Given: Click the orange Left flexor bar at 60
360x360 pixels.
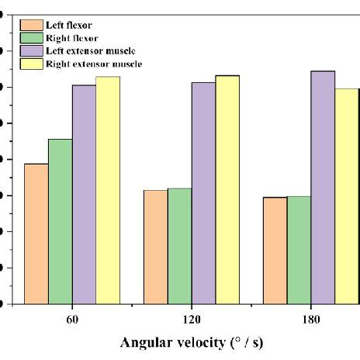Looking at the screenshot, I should pyautogui.click(x=36, y=234).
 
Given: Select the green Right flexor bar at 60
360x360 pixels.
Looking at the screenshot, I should pyautogui.click(x=61, y=221).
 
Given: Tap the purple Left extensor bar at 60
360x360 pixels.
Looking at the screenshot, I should pyautogui.click(x=84, y=194).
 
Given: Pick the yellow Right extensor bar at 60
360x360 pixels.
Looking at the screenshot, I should pyautogui.click(x=108, y=190).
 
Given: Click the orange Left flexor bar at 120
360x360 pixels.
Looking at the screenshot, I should pyautogui.click(x=156, y=247).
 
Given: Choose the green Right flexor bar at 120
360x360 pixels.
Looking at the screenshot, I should pyautogui.click(x=180, y=246).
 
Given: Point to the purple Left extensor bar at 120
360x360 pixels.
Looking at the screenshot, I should pyautogui.click(x=204, y=193).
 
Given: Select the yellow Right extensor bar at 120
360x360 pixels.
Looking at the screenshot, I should pyautogui.click(x=227, y=189).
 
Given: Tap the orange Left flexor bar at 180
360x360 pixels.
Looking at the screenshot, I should pyautogui.click(x=275, y=251).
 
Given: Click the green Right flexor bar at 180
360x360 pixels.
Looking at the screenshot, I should pyautogui.click(x=299, y=250).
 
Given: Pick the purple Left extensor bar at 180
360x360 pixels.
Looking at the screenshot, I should pyautogui.click(x=323, y=187).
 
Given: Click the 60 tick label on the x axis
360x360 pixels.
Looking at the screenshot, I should pyautogui.click(x=72, y=319).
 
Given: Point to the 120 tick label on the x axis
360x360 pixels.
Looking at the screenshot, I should pyautogui.click(x=192, y=319).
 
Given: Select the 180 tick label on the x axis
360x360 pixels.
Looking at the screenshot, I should pyautogui.click(x=311, y=319).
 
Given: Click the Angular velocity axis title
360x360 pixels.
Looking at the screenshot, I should pyautogui.click(x=196, y=341).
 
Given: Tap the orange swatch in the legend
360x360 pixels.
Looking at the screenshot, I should pyautogui.click(x=32, y=24).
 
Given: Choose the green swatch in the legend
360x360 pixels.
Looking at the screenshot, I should pyautogui.click(x=32, y=36).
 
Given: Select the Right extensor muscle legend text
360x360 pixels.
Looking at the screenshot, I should pyautogui.click(x=99, y=63).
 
